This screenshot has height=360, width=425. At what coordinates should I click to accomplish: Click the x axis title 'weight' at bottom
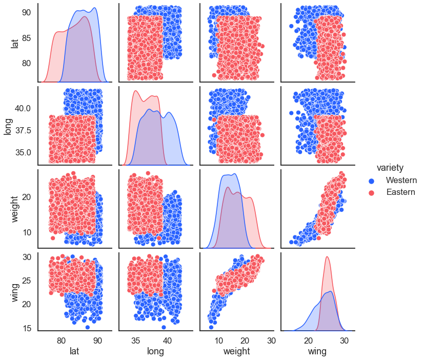click(237, 351)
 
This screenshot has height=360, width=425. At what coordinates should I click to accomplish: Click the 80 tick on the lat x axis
click(61, 340)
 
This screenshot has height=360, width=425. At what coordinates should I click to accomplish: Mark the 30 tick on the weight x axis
click(271, 340)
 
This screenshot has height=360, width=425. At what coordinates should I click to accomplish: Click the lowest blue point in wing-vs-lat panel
click(88, 327)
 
